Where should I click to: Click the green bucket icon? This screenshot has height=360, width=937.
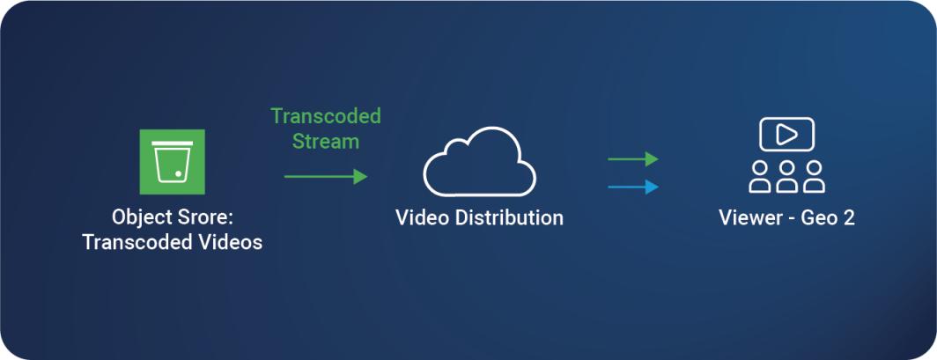(x=172, y=161)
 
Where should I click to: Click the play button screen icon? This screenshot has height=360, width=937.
(x=786, y=135)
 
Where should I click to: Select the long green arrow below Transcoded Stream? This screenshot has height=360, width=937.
(x=325, y=177)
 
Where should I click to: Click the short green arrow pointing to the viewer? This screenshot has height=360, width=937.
(x=632, y=159)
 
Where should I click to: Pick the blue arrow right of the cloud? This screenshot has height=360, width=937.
(x=632, y=187)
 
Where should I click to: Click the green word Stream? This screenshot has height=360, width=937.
(x=326, y=141)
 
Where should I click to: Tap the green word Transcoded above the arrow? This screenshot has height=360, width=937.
(x=326, y=116)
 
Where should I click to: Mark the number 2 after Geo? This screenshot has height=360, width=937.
(x=849, y=217)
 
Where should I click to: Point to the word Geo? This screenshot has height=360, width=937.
(x=816, y=217)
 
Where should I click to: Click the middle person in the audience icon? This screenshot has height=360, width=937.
(x=786, y=175)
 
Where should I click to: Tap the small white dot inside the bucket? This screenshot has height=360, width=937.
(x=179, y=173)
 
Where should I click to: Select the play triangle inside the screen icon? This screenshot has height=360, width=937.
(x=787, y=135)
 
